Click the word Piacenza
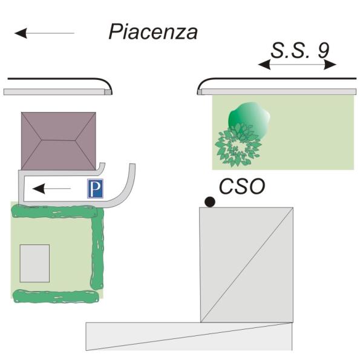(153, 32)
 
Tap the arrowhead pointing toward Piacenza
(21, 33)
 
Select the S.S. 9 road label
(300, 50)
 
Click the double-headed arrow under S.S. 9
(297, 64)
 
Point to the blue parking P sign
(95, 189)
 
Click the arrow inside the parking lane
(51, 188)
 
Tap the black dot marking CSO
(210, 202)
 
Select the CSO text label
(242, 186)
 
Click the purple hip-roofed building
(59, 141)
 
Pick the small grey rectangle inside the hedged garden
(34, 263)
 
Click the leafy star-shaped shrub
(238, 145)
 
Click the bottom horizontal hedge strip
(56, 296)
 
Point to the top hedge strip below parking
(54, 212)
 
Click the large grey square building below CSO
(247, 264)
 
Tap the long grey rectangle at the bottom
(189, 336)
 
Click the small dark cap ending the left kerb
(108, 92)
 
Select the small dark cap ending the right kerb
(200, 92)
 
